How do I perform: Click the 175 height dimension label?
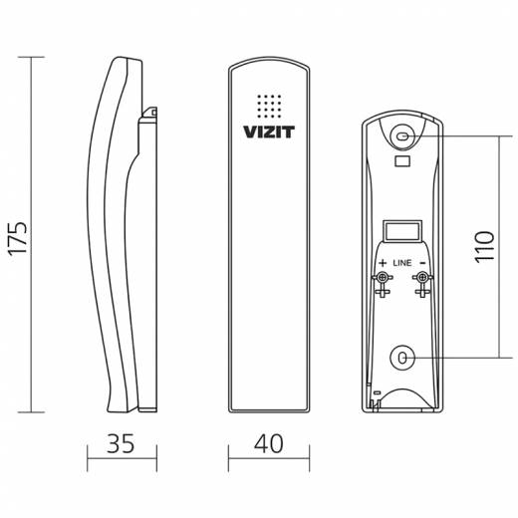pos(17,238)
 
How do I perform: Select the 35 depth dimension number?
pos(121,443)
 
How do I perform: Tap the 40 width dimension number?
pos(269,443)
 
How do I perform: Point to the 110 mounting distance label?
pos(484,247)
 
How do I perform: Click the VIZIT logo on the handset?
pos(269,131)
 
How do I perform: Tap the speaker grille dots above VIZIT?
pos(269,107)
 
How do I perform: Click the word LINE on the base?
pos(402,263)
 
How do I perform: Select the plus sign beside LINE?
pos(383,263)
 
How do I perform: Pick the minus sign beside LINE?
pos(422,263)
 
